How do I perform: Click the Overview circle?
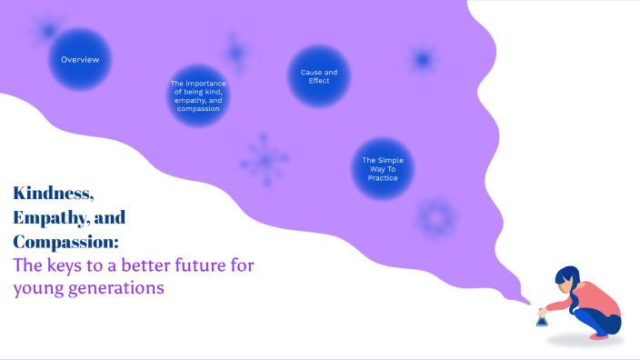click(80, 59)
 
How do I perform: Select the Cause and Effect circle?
click(319, 76)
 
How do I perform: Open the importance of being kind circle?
click(198, 95)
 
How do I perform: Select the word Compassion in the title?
click(64, 243)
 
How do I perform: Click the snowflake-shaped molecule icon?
click(265, 160)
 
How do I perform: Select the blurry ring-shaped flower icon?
click(435, 218)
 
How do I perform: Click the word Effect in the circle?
click(319, 81)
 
